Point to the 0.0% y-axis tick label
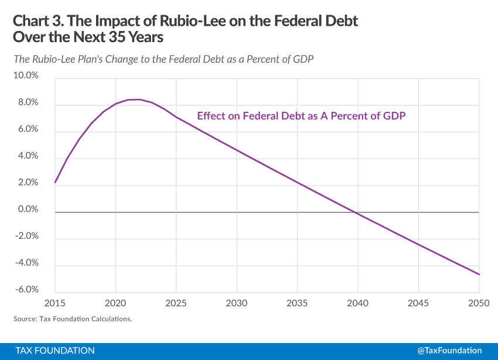point(27,209)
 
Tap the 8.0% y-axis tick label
point(27,102)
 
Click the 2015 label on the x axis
point(54,303)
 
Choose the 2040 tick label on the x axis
point(357,303)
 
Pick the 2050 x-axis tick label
point(479,303)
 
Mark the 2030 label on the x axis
point(236,303)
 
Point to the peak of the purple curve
point(135,100)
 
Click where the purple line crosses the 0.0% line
point(356,211)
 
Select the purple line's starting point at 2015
point(55,183)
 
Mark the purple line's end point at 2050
point(479,275)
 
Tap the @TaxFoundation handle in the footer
point(449,350)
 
